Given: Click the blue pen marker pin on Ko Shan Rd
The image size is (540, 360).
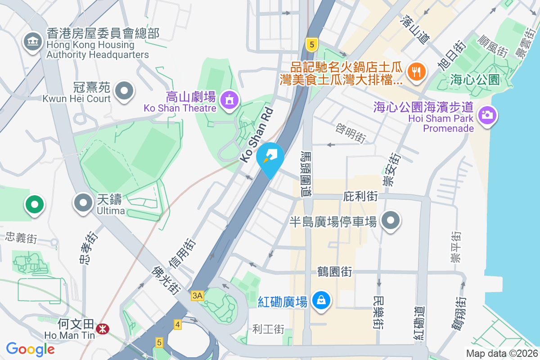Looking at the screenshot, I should [270, 157].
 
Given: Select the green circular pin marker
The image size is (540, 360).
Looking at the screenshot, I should [35, 204].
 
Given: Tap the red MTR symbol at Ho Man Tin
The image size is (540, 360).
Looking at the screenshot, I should [103, 329].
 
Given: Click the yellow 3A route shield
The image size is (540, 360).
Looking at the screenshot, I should [198, 296].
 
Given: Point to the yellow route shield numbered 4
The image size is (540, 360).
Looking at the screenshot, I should [178, 324].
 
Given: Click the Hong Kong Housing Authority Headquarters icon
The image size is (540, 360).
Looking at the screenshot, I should [32, 43].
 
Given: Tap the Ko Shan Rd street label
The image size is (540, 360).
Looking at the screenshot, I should [257, 135].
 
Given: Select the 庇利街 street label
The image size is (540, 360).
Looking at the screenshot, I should [360, 196].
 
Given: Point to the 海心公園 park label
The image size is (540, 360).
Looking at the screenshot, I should [475, 80].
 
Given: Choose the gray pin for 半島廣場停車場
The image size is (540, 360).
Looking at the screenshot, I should [391, 220].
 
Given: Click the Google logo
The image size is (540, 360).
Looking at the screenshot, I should [31, 349].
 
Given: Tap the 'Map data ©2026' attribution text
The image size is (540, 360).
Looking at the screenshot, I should [501, 353].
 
